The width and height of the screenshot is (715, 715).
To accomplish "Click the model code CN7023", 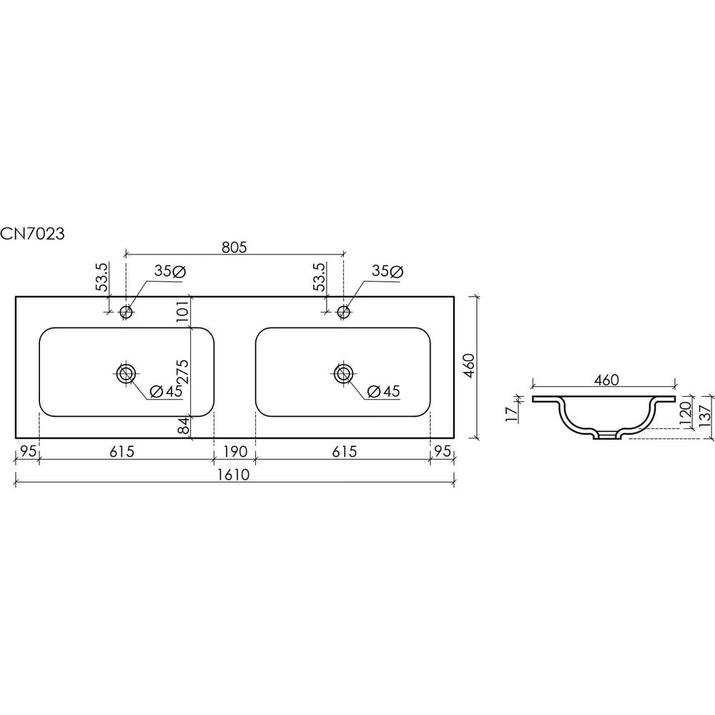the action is pos(32,234).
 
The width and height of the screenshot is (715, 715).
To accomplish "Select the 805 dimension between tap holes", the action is pos(234,247).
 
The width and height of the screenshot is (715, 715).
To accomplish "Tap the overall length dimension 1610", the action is pos(234,475).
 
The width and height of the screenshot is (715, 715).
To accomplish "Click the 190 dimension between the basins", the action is pos(235,451).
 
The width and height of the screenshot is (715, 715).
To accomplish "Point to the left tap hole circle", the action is pos(126,312).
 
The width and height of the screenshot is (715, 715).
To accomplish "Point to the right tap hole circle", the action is pos(343,312).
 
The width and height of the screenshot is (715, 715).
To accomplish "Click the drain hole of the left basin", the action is pos(125,373).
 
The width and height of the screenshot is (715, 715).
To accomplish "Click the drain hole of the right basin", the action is pos(343,373).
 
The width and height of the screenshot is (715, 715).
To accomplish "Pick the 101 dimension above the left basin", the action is pos(182,312).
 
